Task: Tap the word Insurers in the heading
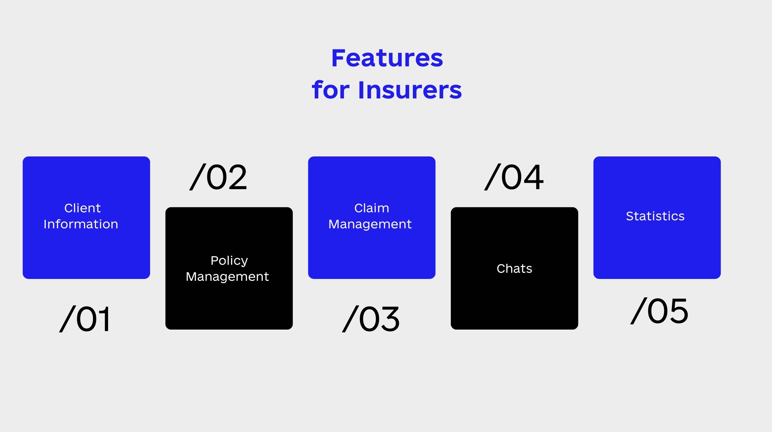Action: tap(410, 90)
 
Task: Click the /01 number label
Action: tap(84, 319)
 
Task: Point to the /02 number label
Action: tap(218, 177)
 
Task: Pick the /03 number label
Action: tap(371, 319)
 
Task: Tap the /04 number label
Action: tap(514, 177)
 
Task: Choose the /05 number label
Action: tap(659, 311)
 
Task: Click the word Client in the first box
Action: tap(82, 208)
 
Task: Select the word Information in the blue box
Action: tap(81, 224)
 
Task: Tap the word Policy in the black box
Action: tap(229, 261)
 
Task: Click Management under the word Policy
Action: tap(227, 277)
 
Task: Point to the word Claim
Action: tap(371, 208)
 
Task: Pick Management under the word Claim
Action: tap(370, 224)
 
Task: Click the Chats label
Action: tap(514, 269)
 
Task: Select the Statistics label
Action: tap(655, 216)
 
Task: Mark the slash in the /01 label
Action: tap(68, 319)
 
